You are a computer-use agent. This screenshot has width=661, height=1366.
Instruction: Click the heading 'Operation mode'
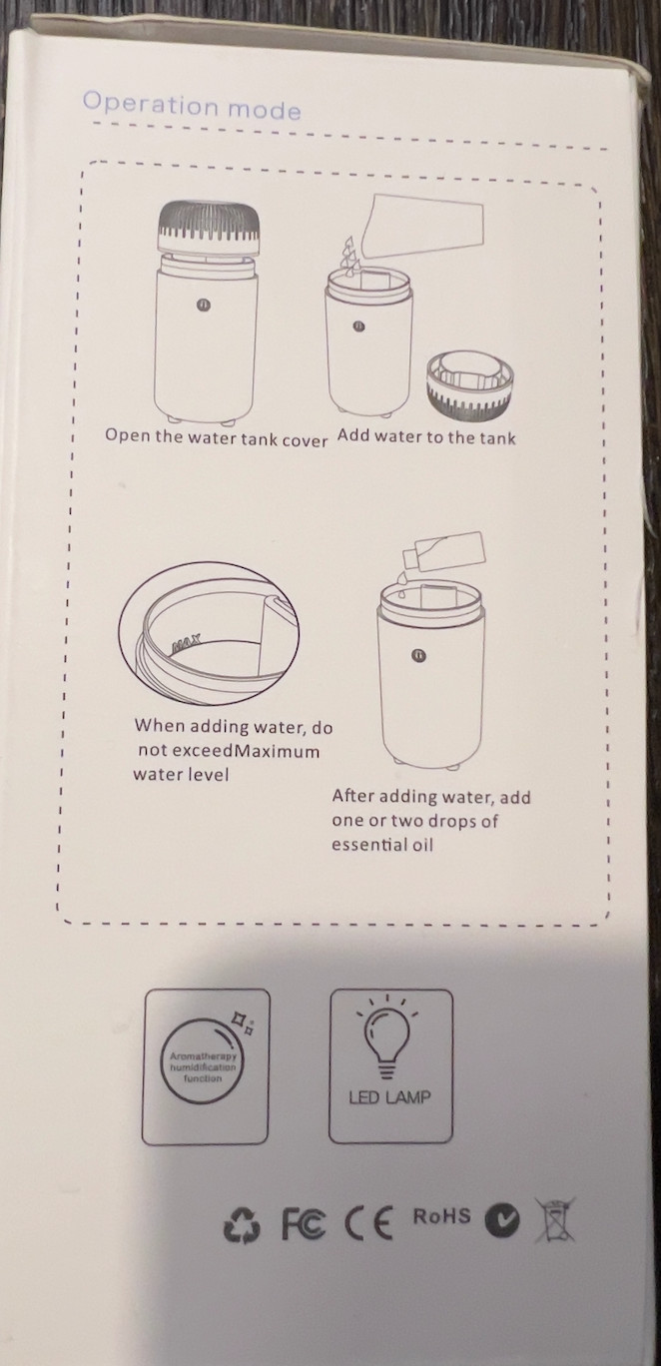click(192, 106)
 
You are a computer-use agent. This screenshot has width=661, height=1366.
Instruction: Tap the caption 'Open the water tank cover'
click(217, 437)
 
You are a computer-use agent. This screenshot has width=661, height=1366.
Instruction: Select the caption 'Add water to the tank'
click(426, 437)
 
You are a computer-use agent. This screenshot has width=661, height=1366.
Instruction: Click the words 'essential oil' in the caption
click(382, 845)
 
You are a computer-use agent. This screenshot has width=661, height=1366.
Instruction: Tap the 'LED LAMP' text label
click(389, 1097)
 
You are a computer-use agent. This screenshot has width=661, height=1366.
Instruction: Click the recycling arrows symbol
click(242, 1226)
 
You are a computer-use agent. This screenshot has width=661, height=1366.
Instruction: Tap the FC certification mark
click(304, 1222)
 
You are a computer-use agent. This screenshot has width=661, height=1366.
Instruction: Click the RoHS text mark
click(441, 1215)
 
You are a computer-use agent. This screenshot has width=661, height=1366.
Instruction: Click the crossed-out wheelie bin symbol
click(555, 1220)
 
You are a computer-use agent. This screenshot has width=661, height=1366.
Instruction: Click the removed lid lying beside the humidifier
click(469, 383)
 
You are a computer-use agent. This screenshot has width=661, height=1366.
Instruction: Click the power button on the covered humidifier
click(203, 304)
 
